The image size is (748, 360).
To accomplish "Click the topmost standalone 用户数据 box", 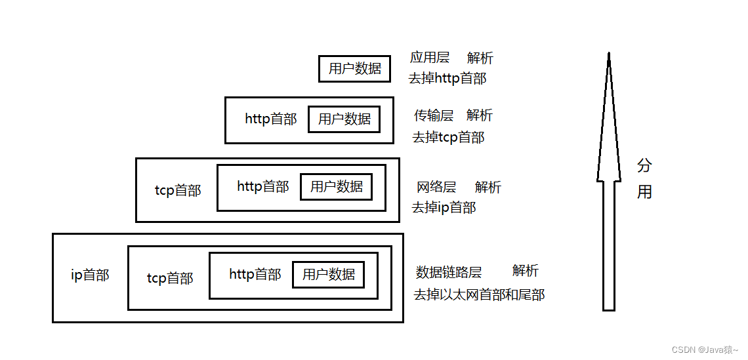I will [x=354, y=69].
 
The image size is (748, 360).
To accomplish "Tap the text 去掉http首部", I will [x=447, y=79].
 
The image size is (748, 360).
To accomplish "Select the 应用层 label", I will [x=430, y=58].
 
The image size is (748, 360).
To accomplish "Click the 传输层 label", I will [x=434, y=116].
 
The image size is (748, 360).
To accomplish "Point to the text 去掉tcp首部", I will [x=448, y=138].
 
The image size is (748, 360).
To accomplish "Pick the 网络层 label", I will [x=436, y=188].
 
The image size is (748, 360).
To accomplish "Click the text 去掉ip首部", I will [x=444, y=208].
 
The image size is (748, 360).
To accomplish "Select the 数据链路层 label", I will [x=449, y=272].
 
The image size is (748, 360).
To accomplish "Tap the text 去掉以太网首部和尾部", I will [x=479, y=294].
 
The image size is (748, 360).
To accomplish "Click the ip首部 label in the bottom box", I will [x=90, y=275].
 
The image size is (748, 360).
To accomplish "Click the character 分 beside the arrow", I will [x=644, y=166].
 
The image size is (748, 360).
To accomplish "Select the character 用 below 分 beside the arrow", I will [x=644, y=192].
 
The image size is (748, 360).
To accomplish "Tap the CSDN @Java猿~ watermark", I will [x=705, y=350].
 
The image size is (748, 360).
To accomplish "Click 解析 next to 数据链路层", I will [x=526, y=271].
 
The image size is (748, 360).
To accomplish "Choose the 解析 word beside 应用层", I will [x=480, y=58].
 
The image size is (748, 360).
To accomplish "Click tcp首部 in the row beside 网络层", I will [x=178, y=191].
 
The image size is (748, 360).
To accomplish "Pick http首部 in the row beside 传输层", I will [x=271, y=119].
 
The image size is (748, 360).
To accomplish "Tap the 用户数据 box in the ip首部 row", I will [x=328, y=275].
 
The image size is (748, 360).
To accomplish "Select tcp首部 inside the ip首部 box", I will [x=170, y=279].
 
